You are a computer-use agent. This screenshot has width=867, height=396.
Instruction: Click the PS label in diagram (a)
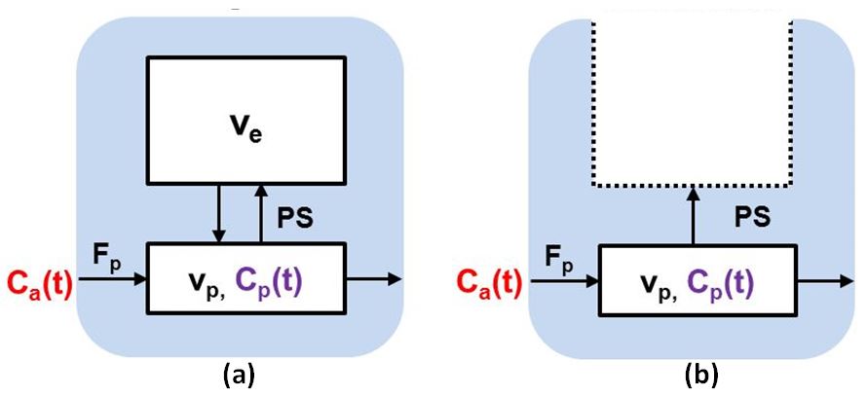[x=294, y=220]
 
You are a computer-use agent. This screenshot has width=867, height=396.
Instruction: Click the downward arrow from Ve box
[x=218, y=215]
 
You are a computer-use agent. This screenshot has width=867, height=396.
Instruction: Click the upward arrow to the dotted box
[x=693, y=215]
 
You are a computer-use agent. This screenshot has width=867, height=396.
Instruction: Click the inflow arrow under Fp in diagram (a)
[x=112, y=279]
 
